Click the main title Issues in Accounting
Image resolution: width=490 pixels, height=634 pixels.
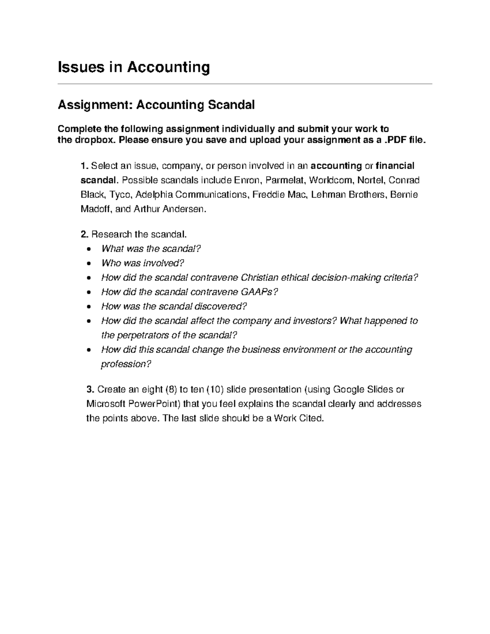coord(134,67)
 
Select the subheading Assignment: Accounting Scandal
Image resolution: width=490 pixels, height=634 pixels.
coord(156,105)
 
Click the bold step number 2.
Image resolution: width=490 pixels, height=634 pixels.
coord(84,234)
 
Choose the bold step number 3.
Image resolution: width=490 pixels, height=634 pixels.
coord(90,389)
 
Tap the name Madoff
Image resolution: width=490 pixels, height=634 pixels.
coord(96,209)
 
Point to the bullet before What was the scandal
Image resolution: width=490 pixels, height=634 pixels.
coord(89,249)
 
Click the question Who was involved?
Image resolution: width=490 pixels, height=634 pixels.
coord(140,263)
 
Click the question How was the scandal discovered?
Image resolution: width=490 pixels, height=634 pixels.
coord(174,307)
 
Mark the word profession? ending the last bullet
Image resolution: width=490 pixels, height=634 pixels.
coord(126,364)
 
